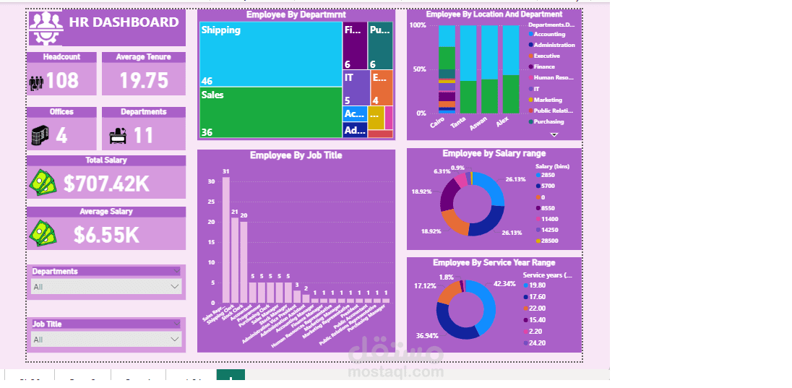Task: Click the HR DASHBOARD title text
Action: (x=124, y=22)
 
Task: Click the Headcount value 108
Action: (x=62, y=80)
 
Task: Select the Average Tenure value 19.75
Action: (x=144, y=80)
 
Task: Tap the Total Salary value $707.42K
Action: (x=106, y=184)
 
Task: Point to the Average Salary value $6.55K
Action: (x=106, y=235)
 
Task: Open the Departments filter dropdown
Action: (x=106, y=287)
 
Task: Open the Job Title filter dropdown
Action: (x=106, y=339)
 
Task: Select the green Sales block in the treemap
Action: (x=270, y=112)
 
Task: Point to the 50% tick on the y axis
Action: (x=418, y=69)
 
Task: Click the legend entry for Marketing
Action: (x=548, y=100)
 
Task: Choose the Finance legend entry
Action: (x=546, y=66)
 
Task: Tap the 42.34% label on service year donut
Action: (x=504, y=284)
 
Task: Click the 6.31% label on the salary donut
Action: (x=442, y=171)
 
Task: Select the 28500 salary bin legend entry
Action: (x=549, y=241)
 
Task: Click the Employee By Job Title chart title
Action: (x=296, y=155)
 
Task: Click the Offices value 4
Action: (x=61, y=136)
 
